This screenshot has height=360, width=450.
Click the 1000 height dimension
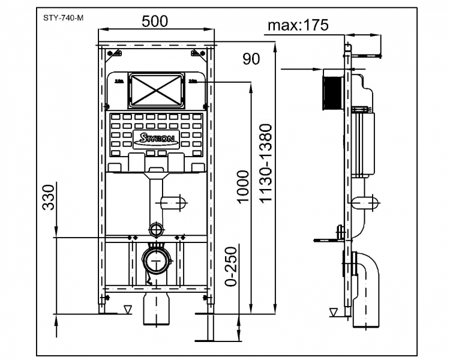242,187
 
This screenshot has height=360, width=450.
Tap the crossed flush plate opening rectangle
156,89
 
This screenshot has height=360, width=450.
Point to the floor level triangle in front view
126,309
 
